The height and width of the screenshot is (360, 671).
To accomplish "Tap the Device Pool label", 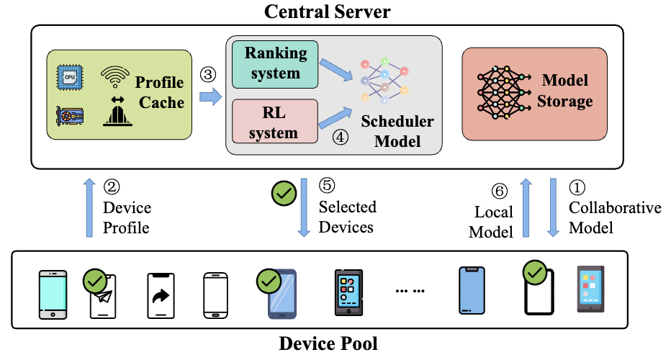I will [328, 343].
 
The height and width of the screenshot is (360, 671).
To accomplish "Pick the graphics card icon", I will [70, 116].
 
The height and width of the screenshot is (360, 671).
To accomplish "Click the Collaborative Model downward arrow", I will [554, 209].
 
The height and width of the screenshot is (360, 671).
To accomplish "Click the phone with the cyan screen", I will [53, 294].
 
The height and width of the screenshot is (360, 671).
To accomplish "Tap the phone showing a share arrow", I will [161, 295].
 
